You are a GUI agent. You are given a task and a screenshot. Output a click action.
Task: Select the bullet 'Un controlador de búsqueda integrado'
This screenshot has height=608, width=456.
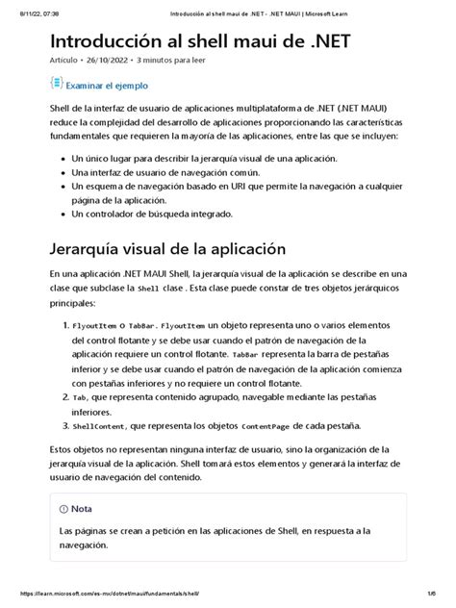coord(152,215)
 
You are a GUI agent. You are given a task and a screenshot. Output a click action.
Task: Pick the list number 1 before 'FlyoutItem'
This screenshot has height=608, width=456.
coord(64,326)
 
